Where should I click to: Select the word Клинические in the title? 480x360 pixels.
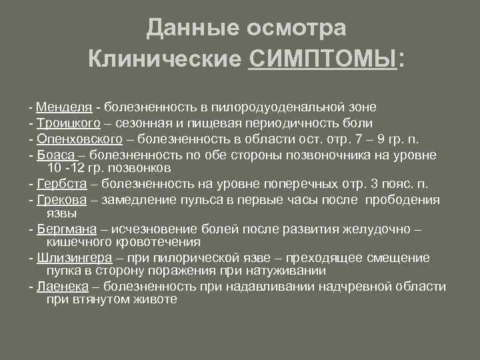(164, 61)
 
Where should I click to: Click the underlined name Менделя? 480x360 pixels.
(64, 106)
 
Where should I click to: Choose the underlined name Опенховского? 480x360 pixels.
(80, 139)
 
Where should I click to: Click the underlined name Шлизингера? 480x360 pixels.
(74, 258)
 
